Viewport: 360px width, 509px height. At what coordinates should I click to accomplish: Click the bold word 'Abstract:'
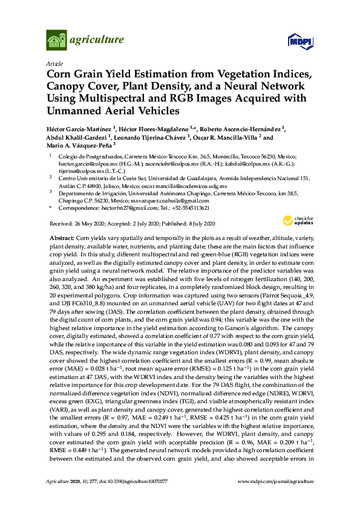coord(62,239)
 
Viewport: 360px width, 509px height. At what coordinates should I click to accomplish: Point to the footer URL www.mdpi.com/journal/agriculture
coord(282,498)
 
